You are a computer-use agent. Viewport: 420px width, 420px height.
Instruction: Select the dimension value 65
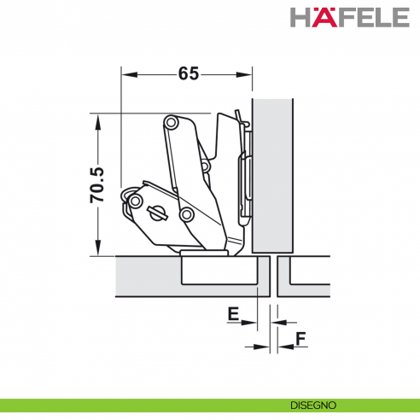(x=189, y=73)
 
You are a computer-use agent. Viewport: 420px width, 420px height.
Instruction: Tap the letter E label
(x=232, y=312)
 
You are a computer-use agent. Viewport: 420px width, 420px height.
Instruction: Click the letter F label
(x=300, y=339)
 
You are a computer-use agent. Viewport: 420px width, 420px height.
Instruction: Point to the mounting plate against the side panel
(x=246, y=175)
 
